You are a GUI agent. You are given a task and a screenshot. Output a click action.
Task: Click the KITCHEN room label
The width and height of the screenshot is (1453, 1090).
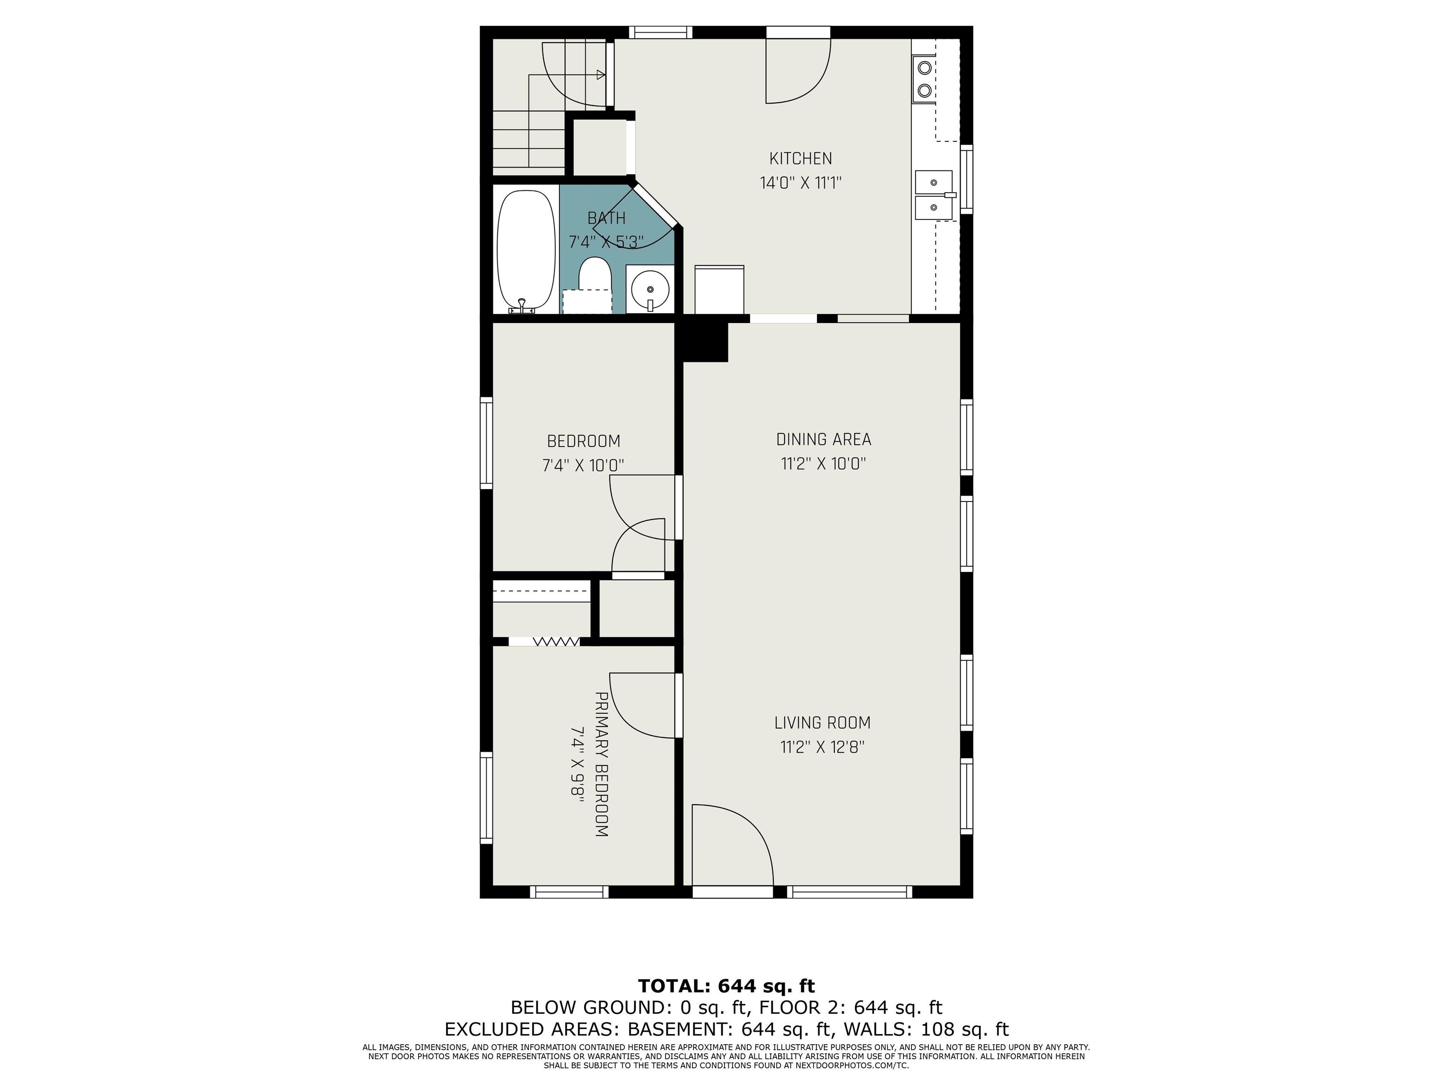pos(800,158)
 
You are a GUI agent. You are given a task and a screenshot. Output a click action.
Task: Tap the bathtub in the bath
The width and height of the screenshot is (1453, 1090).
pos(526,251)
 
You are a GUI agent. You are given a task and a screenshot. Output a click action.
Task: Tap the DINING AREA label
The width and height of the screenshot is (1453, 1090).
pos(824,440)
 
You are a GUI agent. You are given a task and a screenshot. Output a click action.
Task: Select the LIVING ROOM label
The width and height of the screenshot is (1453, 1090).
pos(823,723)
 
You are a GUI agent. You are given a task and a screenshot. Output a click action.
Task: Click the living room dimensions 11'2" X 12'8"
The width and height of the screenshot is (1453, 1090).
pos(823,747)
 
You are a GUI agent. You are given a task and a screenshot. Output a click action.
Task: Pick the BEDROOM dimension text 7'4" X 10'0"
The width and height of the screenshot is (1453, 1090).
pos(583,465)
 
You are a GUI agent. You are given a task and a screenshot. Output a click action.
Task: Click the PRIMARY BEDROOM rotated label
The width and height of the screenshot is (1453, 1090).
pos(601,764)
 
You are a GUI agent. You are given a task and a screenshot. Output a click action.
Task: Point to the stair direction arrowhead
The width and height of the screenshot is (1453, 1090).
pos(600,74)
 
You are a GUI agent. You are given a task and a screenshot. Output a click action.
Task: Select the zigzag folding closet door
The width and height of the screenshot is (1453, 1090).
pos(556,641)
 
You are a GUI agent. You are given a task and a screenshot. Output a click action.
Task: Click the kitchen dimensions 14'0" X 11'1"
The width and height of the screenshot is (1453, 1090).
pos(801,183)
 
